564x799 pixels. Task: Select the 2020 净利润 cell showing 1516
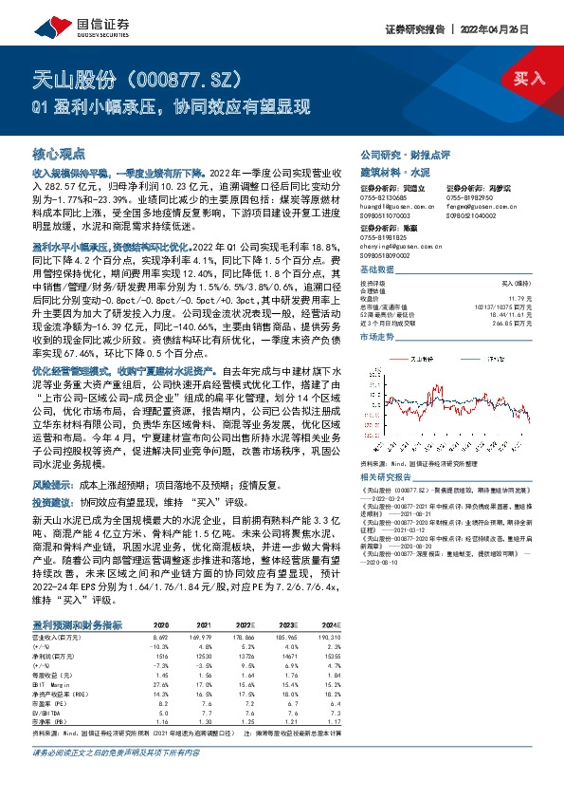[161, 630]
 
